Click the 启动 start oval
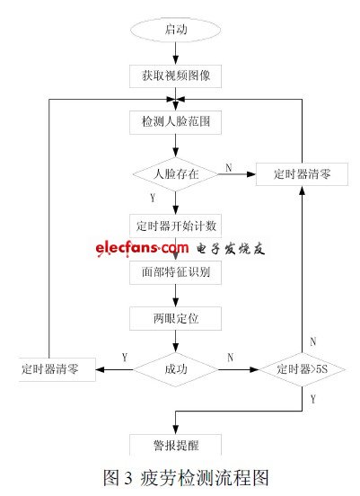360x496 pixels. click(x=175, y=29)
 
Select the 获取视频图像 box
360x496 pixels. click(x=175, y=73)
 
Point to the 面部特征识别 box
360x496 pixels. click(x=175, y=271)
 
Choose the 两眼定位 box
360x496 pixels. click(x=175, y=317)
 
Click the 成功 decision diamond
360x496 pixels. click(x=175, y=368)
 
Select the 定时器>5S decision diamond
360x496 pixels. click(x=303, y=368)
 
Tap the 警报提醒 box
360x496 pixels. click(x=175, y=444)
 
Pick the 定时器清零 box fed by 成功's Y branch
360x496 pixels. click(x=57, y=368)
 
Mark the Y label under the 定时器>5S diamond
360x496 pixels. click(x=312, y=396)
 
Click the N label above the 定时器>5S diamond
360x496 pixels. click(x=312, y=341)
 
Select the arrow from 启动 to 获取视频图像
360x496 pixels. click(x=175, y=51)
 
